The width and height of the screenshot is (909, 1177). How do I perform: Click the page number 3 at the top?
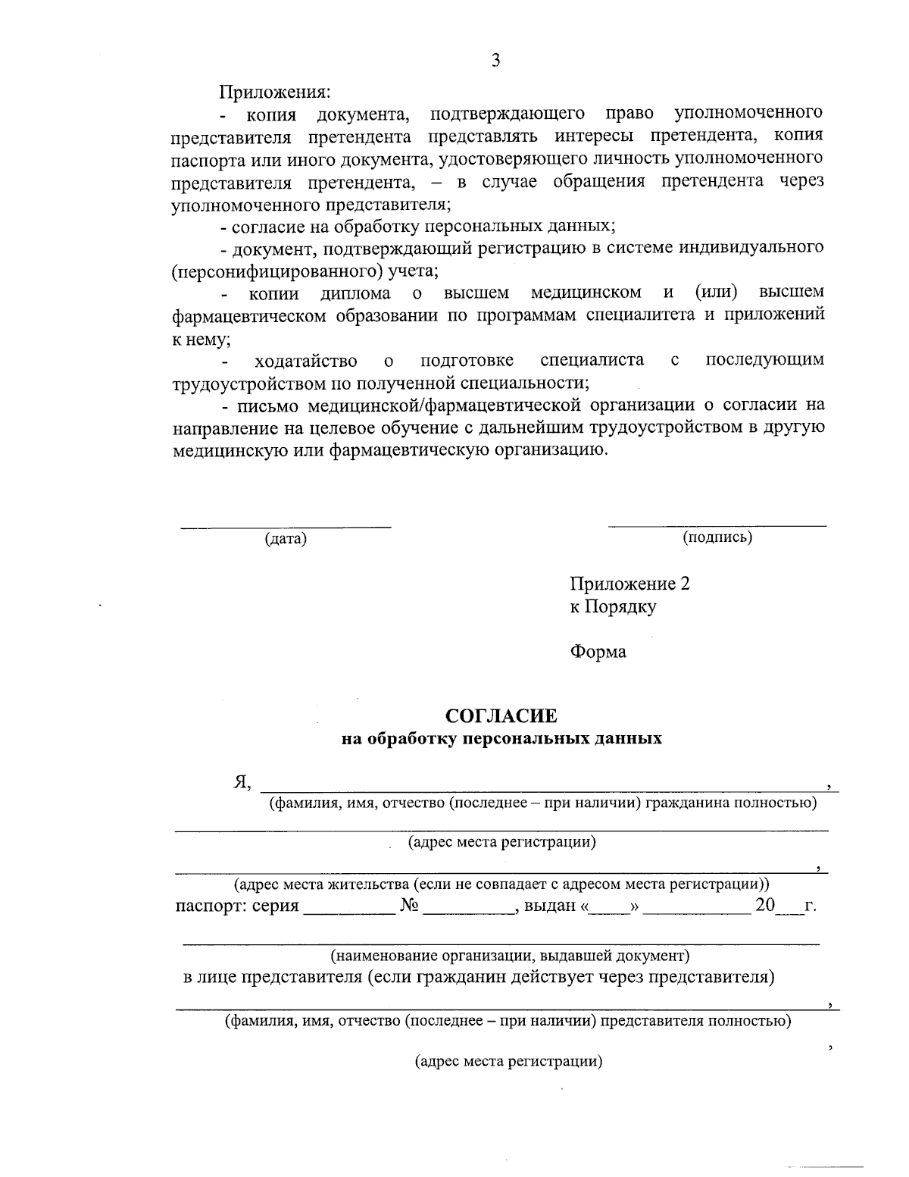496,61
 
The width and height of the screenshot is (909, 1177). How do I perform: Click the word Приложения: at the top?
275,92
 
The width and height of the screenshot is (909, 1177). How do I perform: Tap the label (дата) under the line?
285,539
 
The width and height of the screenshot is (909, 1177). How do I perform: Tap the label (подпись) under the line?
717,537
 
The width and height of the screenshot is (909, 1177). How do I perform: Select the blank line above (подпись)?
717,524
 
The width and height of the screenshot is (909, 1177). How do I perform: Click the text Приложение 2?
629,584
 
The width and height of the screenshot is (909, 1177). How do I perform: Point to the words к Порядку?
613,606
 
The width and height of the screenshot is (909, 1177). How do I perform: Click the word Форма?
598,652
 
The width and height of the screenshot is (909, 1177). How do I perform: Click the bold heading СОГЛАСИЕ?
501,715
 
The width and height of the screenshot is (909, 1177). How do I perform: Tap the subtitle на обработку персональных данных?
501,738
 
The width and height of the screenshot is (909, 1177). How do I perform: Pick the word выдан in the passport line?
550,906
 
